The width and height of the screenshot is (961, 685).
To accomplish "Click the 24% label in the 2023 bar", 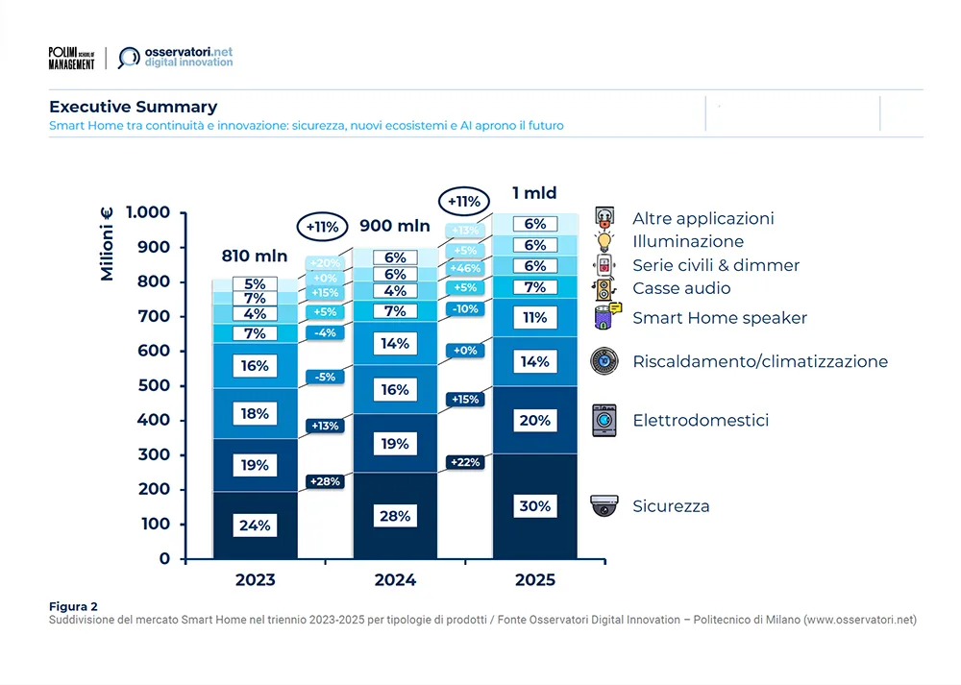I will click(x=255, y=526).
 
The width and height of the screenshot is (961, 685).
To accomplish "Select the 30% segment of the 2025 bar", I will click(x=535, y=506).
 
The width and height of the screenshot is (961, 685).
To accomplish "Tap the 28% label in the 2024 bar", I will click(x=395, y=516).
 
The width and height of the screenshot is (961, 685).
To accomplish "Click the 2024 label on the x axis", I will click(x=395, y=579).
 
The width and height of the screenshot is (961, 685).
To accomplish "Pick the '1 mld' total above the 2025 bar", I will click(x=534, y=192).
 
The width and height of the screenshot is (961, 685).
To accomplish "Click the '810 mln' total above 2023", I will click(x=249, y=256).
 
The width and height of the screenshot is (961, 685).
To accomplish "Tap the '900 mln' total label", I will click(x=395, y=226).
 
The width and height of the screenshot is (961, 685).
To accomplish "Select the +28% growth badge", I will click(x=324, y=480).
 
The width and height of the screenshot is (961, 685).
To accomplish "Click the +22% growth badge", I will click(x=465, y=462).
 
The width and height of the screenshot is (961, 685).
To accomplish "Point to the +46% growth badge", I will click(x=465, y=269).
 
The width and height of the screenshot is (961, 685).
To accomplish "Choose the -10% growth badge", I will click(x=465, y=309).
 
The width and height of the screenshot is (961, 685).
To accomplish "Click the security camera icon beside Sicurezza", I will click(x=604, y=505).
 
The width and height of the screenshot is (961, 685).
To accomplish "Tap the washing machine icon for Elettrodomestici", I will click(x=604, y=420).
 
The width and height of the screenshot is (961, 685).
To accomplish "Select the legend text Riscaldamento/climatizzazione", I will click(x=760, y=362).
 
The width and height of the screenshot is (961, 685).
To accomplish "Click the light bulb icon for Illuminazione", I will click(x=604, y=241).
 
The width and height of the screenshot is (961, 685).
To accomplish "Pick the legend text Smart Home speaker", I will click(x=720, y=318).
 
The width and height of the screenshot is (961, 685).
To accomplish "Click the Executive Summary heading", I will click(x=134, y=107).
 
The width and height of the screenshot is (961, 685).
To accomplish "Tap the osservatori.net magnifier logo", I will click(x=128, y=58).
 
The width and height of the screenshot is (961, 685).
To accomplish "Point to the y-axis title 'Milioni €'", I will click(x=107, y=247).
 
